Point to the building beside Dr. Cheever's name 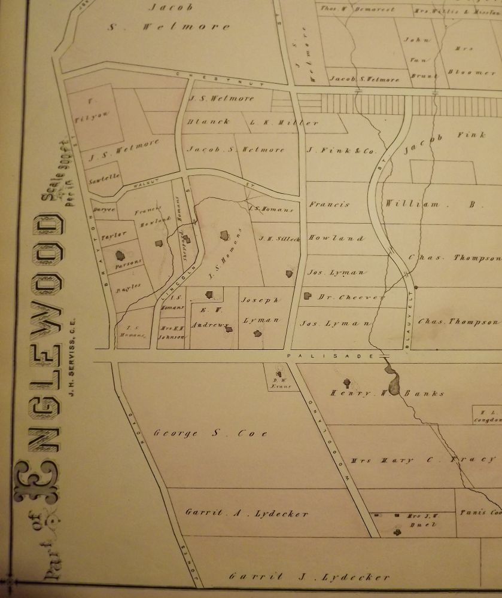coord(308,295)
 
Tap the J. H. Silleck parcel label coord(274,239)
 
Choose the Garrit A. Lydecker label coord(247,513)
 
